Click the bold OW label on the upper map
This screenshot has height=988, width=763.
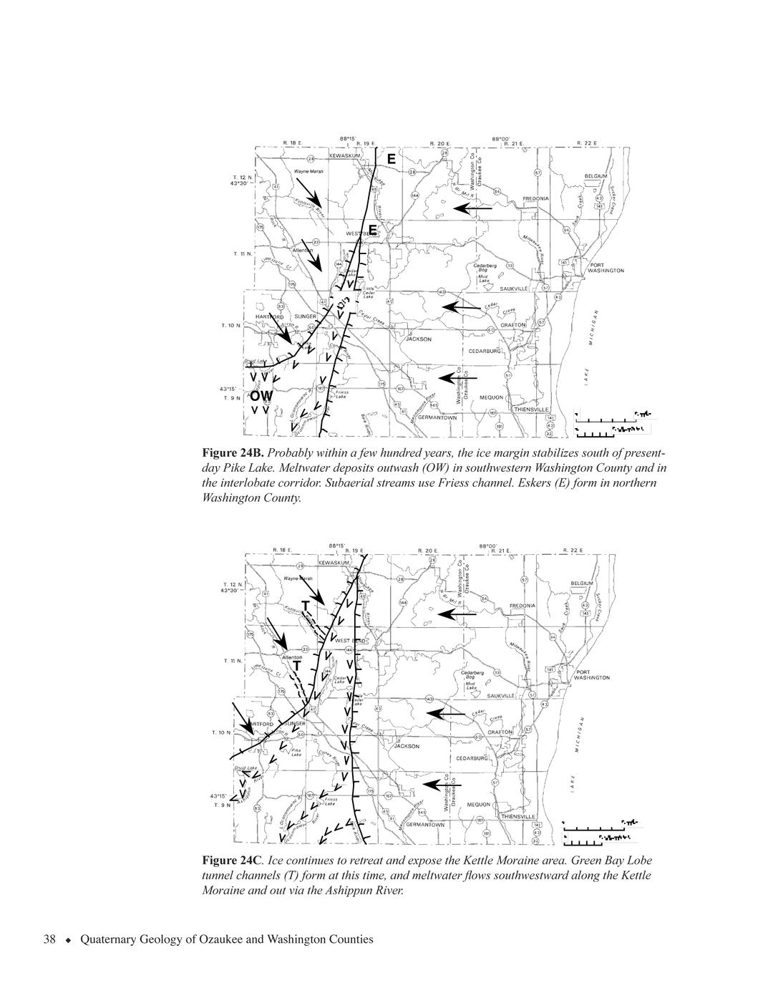click(x=261, y=395)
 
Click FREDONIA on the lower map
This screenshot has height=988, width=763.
click(x=523, y=606)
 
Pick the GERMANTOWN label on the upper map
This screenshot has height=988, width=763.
click(x=437, y=417)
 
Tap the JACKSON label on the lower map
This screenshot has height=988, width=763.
click(x=407, y=746)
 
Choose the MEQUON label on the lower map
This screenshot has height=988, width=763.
click(x=479, y=804)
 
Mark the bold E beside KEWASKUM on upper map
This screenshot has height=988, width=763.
click(x=391, y=158)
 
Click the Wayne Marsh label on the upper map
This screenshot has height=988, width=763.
click(x=308, y=172)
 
